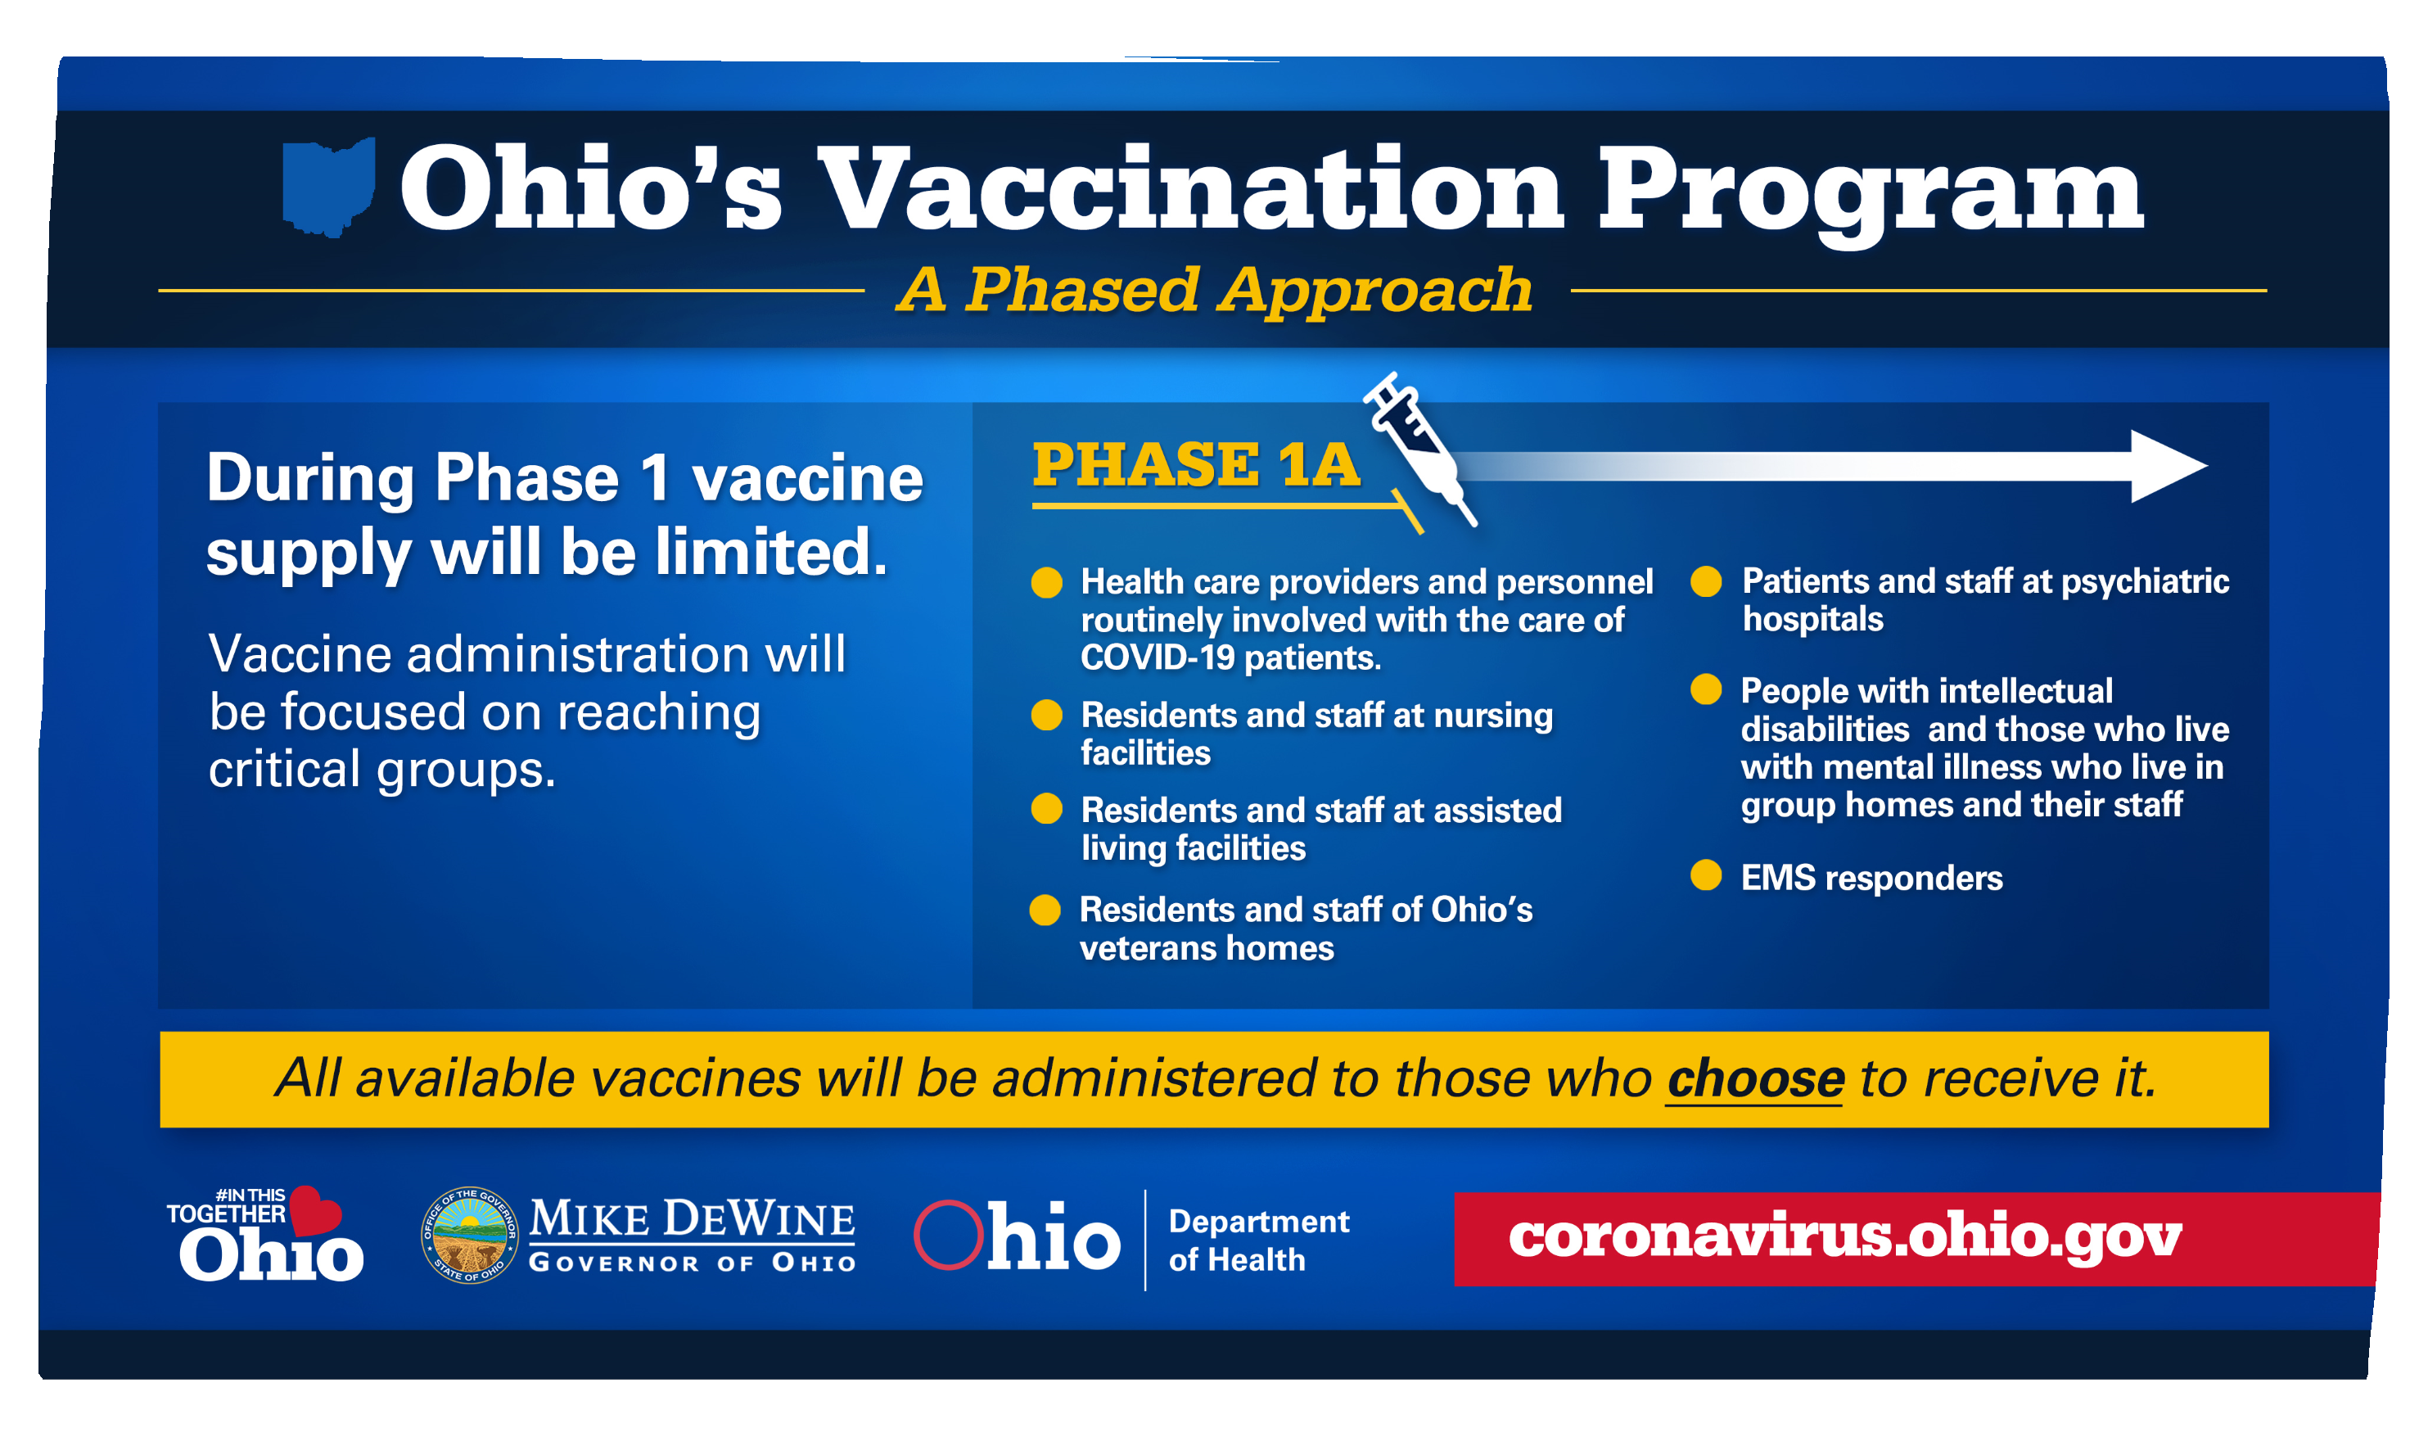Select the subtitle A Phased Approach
click(1214, 291)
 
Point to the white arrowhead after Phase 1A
click(2167, 467)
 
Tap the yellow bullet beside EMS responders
click(1706, 875)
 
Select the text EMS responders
click(1871, 878)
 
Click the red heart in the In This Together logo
click(314, 1210)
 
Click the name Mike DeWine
click(692, 1219)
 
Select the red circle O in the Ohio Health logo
click(948, 1235)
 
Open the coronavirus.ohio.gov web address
click(1845, 1236)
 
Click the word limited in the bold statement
click(770, 553)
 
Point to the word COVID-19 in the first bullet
click(1158, 657)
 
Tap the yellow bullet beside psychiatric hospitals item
click(1706, 581)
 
